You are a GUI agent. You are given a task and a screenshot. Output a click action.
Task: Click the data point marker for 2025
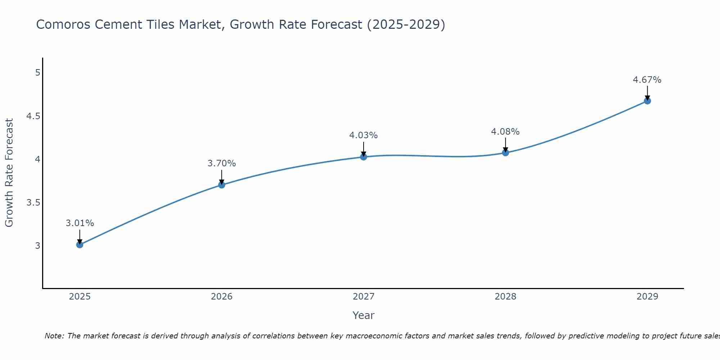[80, 245]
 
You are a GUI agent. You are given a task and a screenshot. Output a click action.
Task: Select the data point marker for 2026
[221, 185]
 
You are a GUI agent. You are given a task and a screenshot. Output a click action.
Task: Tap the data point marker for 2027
[363, 157]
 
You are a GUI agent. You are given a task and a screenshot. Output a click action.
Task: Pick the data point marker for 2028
[505, 153]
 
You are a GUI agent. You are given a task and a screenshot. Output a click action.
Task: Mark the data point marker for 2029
[647, 101]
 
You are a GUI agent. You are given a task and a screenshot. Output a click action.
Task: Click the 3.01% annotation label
[80, 223]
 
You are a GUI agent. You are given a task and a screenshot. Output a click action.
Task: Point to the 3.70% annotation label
[221, 163]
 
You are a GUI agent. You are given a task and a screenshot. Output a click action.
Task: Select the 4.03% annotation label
[363, 135]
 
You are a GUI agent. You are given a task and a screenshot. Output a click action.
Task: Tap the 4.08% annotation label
[505, 132]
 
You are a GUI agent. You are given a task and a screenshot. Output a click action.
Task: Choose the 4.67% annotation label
[647, 80]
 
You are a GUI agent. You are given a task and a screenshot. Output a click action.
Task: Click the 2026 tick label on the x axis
[221, 297]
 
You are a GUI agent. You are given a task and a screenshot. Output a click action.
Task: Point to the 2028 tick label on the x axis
[505, 297]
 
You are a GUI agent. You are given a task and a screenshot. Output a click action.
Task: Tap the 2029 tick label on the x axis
[647, 297]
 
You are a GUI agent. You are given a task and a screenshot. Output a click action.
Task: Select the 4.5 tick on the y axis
[33, 116]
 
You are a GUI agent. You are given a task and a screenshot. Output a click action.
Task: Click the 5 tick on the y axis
[37, 73]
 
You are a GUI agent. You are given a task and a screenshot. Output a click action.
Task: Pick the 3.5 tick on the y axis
[33, 202]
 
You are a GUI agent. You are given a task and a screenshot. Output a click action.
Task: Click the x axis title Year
[363, 315]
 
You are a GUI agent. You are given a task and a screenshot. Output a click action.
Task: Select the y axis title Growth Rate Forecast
[9, 173]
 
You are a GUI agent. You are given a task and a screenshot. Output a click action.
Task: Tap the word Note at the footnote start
[54, 336]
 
